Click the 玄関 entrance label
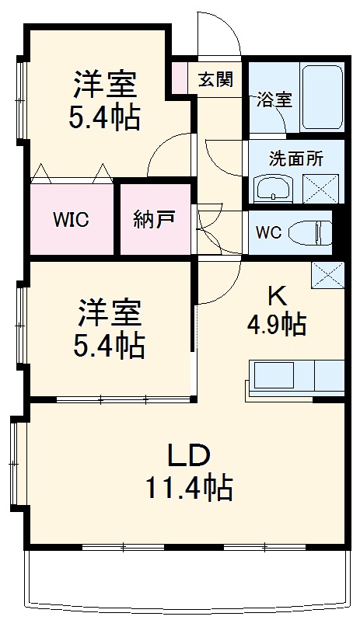click(215, 79)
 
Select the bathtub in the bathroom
click(321, 96)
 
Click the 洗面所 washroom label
click(295, 159)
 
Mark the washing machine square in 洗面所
click(321, 189)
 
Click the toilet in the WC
click(309, 232)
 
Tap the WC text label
click(267, 231)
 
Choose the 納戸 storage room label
click(153, 218)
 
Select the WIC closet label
click(71, 219)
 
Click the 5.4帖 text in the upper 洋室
click(107, 118)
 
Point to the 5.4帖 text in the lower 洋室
click(110, 346)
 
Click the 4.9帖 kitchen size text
click(276, 324)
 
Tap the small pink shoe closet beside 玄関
click(180, 78)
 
